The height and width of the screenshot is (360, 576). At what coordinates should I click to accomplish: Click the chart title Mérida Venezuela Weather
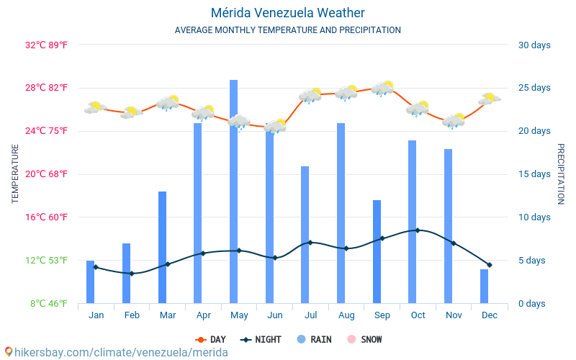point(288,13)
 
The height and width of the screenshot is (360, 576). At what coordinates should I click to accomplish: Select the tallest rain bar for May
point(233,191)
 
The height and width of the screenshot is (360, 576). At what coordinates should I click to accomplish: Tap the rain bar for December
point(484,286)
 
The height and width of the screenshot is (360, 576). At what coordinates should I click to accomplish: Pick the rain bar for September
point(377,251)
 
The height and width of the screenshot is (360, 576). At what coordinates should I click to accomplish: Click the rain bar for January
point(90,282)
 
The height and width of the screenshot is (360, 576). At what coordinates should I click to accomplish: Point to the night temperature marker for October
point(418,230)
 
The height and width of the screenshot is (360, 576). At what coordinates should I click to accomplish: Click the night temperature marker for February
point(131,274)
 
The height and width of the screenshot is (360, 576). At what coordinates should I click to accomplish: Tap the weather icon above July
point(310,95)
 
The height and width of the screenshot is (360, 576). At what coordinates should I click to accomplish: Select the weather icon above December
point(490,99)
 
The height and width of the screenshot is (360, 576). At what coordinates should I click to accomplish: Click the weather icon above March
point(168,102)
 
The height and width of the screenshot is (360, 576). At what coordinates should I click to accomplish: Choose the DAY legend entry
point(211,339)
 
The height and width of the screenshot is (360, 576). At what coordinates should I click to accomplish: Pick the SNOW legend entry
point(365,339)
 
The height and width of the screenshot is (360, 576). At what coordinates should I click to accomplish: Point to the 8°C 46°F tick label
point(49,304)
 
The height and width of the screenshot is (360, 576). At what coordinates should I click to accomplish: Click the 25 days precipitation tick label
point(534,88)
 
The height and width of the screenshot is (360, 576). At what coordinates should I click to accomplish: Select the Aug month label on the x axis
point(346,315)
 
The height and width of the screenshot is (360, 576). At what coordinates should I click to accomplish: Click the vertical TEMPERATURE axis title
point(15,174)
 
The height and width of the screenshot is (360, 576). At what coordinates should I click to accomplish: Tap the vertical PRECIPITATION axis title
point(561,174)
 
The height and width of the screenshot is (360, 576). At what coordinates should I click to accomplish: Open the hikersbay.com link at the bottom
point(115,352)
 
